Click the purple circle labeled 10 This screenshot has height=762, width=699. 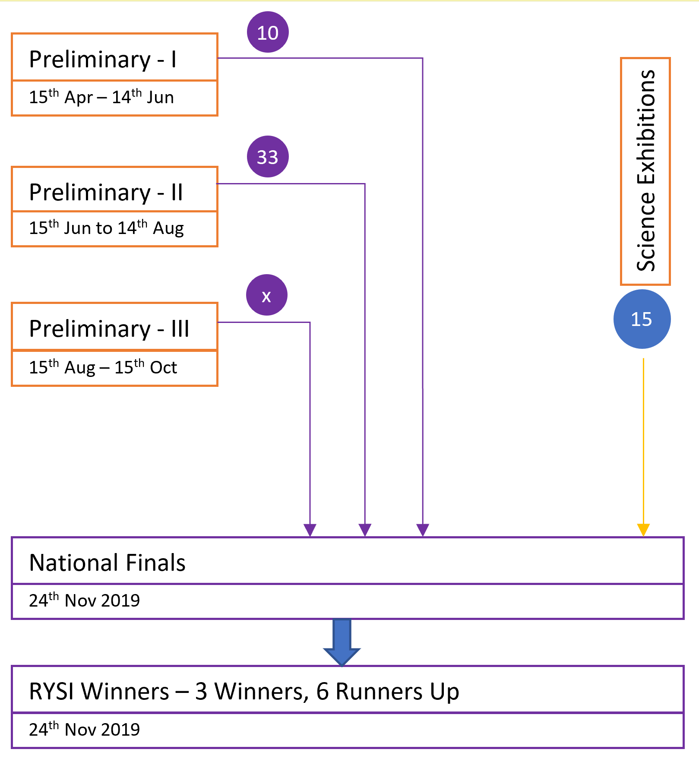click(268, 32)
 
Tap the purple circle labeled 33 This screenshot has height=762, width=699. click(268, 156)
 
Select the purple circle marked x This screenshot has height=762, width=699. click(267, 295)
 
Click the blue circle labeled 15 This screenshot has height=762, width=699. click(642, 319)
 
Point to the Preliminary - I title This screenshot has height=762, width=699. click(103, 59)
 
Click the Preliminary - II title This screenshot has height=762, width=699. click(106, 192)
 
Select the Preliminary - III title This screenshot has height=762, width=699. click(109, 329)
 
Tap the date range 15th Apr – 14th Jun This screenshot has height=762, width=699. click(101, 97)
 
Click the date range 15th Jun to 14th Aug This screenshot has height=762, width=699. click(106, 228)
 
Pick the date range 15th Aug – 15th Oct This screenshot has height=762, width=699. click(103, 367)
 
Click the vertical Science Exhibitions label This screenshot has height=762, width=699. click(646, 171)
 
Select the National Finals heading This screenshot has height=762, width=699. click(108, 563)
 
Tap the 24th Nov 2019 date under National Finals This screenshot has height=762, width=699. click(85, 600)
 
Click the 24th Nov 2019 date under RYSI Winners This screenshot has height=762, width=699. click(85, 729)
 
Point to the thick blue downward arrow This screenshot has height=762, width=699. click(342, 642)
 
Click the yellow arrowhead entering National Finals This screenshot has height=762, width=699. click(643, 530)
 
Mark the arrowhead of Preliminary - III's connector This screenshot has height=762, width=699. click(310, 530)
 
